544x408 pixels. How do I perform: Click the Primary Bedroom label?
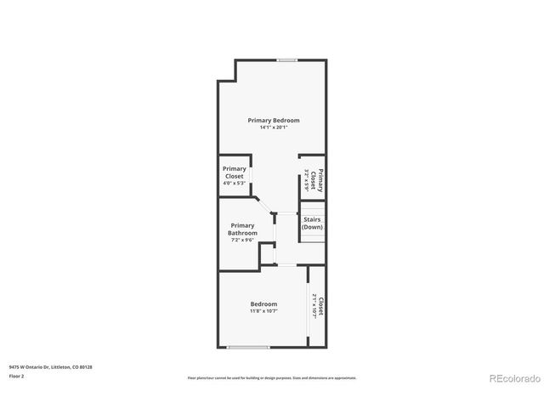274,120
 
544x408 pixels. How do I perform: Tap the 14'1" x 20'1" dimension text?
274,127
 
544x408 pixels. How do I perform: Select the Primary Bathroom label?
243,229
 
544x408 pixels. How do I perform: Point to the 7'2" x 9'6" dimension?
243,240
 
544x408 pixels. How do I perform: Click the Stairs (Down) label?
313,224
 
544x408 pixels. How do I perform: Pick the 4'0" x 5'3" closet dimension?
234,183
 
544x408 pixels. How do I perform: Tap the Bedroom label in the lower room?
263,304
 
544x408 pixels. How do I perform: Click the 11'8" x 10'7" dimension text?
263,311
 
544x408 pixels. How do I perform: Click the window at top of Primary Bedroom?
286,59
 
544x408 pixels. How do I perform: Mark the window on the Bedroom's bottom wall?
249,347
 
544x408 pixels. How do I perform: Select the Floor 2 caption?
17,375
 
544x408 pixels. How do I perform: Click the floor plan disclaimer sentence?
272,377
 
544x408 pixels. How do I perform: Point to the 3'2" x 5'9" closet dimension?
306,179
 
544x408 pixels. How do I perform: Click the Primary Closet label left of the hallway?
234,172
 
